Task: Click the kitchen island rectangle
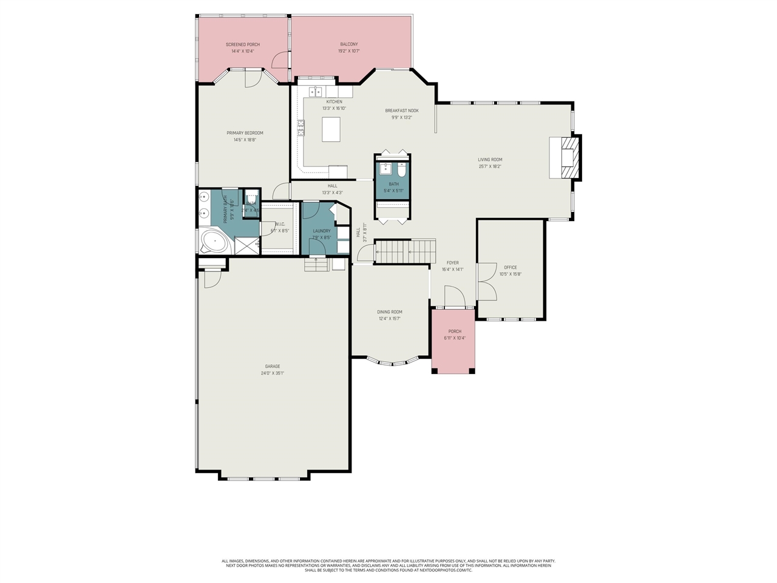331,129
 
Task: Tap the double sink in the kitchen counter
315,92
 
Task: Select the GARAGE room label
273,366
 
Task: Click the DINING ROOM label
389,312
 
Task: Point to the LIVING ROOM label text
490,160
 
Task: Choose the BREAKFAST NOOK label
401,111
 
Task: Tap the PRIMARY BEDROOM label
245,133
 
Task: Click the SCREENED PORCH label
242,44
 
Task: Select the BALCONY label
348,44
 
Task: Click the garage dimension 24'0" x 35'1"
273,373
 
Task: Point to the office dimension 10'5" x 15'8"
510,274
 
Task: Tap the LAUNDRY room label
322,231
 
